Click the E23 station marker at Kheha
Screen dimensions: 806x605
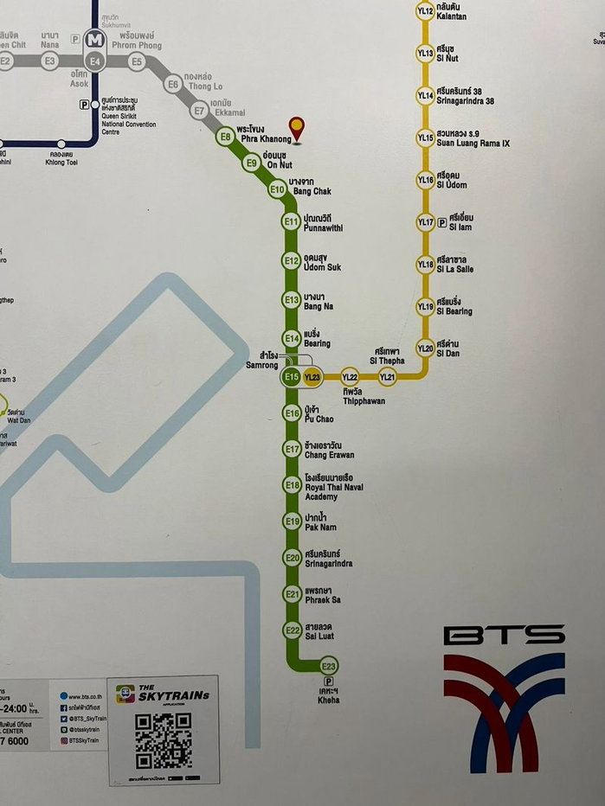click(329, 666)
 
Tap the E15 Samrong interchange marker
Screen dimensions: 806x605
click(291, 377)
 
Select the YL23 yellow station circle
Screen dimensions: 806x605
click(312, 377)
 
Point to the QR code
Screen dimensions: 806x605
click(164, 739)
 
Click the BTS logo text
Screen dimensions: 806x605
click(504, 636)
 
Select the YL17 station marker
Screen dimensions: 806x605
click(425, 222)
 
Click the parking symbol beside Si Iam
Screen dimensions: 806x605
click(442, 221)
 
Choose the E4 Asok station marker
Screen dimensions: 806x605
click(95, 61)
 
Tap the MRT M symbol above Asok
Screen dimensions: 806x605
click(95, 39)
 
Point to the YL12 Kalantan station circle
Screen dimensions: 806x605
click(425, 11)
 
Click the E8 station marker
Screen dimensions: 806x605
click(226, 136)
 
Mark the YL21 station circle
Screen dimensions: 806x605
click(388, 376)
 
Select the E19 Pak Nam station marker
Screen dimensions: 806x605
click(292, 521)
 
